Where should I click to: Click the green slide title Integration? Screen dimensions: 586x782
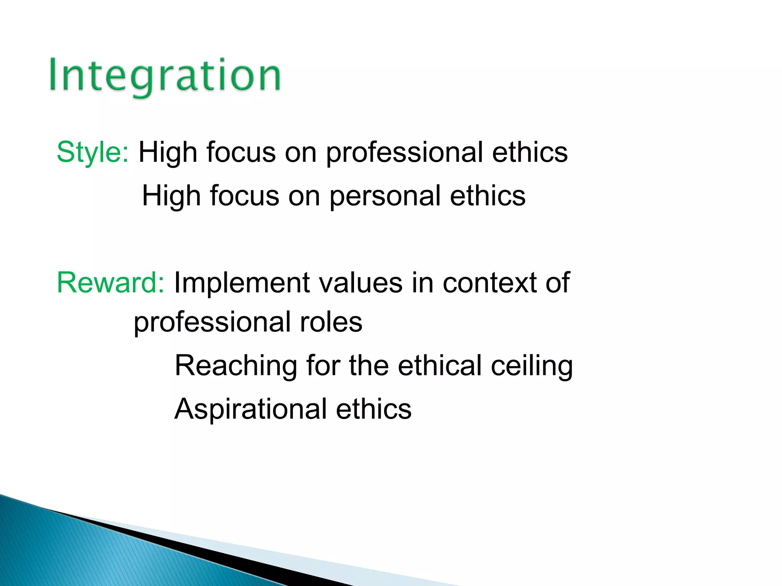pos(165,76)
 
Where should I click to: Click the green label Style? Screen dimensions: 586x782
pos(93,152)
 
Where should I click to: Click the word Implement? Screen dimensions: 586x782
pos(241,283)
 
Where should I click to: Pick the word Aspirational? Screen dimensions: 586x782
pos(250,409)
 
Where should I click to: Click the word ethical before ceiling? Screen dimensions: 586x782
pos(439,365)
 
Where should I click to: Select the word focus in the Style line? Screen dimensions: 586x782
pos(241,152)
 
